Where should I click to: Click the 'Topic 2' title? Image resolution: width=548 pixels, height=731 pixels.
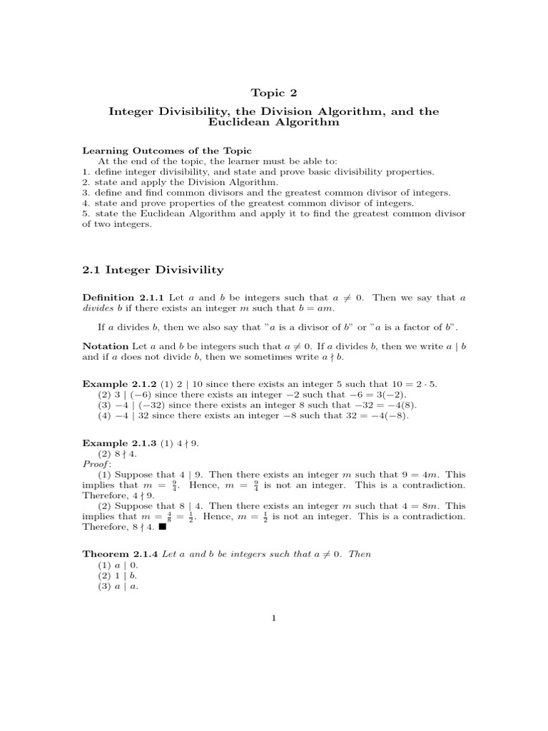273,92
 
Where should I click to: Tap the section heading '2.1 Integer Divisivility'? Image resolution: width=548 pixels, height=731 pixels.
153,270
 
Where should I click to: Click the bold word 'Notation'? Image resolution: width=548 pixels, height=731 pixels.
106,346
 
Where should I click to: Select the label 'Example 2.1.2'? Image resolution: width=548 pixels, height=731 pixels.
118,384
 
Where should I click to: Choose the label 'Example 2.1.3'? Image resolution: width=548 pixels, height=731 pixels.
118,443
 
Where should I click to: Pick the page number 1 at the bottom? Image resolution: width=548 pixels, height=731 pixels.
273,619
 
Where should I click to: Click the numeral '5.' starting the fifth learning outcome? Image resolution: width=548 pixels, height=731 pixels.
86,213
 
